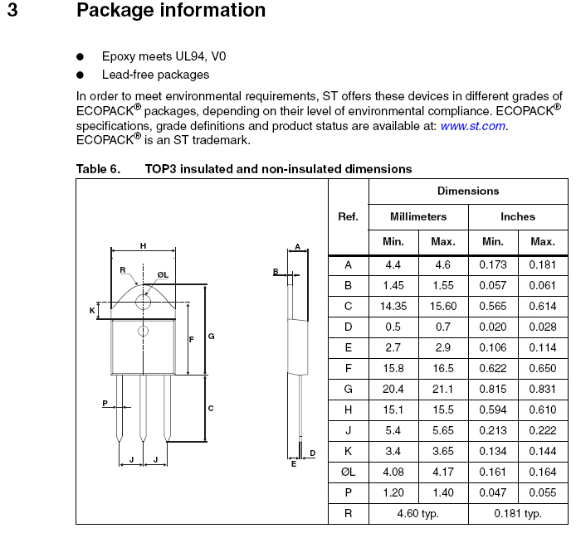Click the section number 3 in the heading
click(12, 11)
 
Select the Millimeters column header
click(418, 216)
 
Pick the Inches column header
click(518, 216)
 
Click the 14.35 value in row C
click(393, 306)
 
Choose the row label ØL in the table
click(349, 472)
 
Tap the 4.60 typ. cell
click(418, 513)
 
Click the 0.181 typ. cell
click(518, 513)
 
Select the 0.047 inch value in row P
click(493, 492)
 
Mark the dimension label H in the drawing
click(143, 246)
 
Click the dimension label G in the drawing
click(212, 336)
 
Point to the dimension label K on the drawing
click(92, 310)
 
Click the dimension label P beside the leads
click(105, 403)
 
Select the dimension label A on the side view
click(297, 247)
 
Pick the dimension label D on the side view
click(312, 453)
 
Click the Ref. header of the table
click(349, 216)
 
